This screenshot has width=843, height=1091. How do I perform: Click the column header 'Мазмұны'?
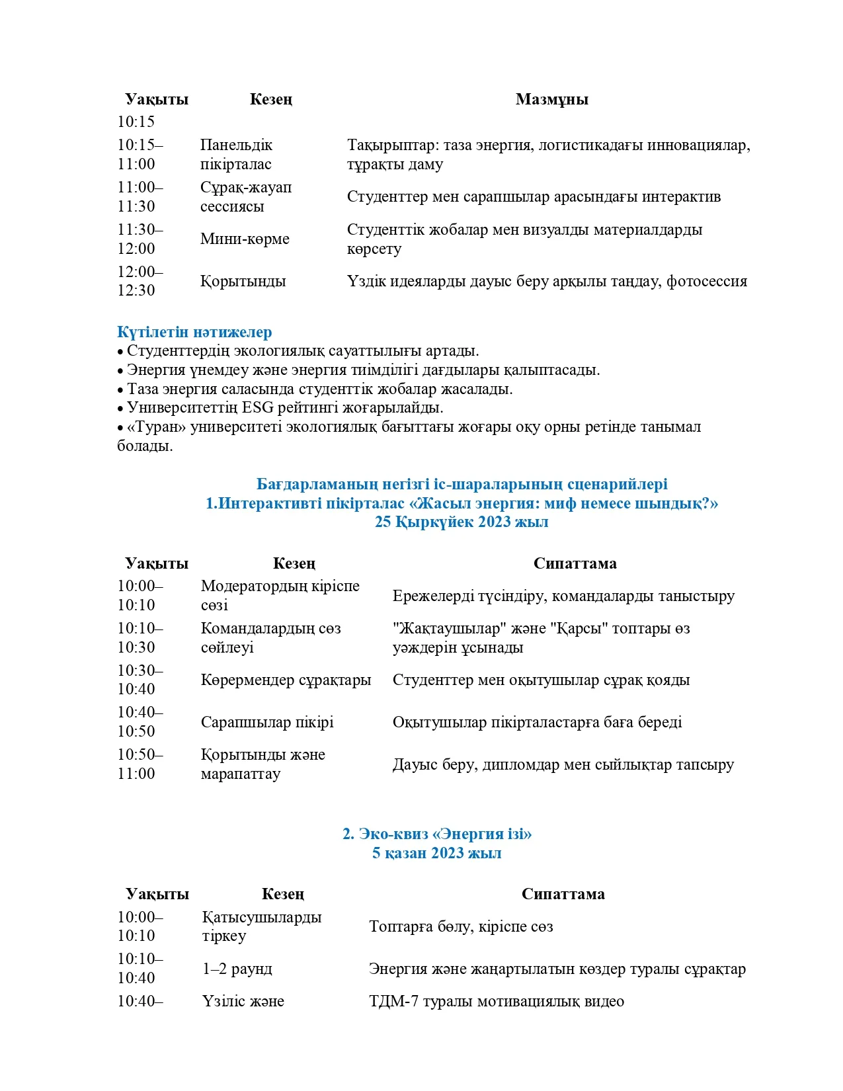click(x=551, y=99)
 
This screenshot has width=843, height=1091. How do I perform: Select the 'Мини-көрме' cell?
click(x=245, y=239)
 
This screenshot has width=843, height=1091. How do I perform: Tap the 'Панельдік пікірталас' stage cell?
click(x=236, y=155)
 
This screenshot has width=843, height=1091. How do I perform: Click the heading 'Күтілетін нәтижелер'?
click(x=194, y=332)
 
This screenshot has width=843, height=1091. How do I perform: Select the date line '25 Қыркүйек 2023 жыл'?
click(x=462, y=522)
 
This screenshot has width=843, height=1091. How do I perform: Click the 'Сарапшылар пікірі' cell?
click(x=267, y=722)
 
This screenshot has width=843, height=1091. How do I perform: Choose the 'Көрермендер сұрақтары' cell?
click(x=286, y=680)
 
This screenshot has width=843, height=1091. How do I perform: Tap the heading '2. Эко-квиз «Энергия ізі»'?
click(x=437, y=834)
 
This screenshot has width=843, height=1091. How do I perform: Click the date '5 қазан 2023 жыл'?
click(x=436, y=853)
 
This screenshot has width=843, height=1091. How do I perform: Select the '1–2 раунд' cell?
click(x=237, y=969)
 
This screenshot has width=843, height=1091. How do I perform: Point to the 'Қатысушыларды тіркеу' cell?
click(x=262, y=926)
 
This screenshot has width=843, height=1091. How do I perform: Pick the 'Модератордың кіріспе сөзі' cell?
click(x=280, y=596)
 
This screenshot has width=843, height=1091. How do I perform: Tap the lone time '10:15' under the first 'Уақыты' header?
click(x=136, y=122)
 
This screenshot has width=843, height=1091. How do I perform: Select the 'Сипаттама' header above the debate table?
click(x=575, y=563)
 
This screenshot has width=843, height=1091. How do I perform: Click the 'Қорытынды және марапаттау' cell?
click(x=262, y=764)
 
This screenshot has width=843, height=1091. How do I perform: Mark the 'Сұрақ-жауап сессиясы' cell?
click(x=246, y=197)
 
